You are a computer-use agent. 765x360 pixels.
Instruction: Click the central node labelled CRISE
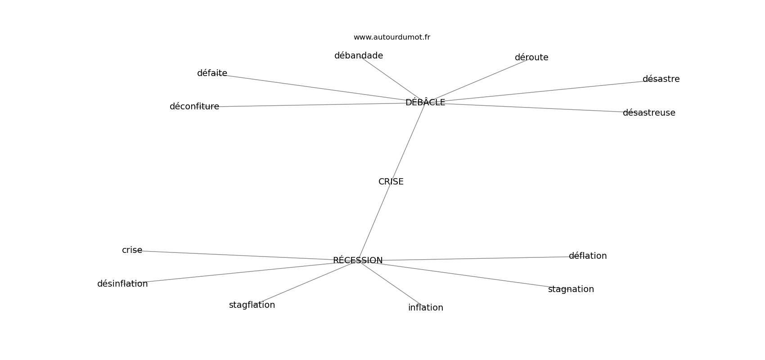tap(391, 182)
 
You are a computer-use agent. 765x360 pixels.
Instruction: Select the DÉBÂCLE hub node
tap(425, 103)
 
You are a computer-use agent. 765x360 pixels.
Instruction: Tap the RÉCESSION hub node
tap(358, 261)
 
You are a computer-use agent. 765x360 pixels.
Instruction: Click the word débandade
tap(358, 56)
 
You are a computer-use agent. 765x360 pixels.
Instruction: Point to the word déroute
tap(531, 58)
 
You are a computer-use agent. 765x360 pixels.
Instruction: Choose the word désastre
tap(661, 79)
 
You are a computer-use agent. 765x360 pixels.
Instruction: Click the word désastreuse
tap(648, 113)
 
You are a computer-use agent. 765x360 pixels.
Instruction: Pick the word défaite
tap(212, 73)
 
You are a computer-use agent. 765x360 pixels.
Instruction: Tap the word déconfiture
tap(194, 107)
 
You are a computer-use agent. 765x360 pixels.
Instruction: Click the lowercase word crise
tap(132, 250)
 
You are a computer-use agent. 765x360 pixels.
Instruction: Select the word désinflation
tap(122, 284)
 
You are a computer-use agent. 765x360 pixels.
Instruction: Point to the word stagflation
tap(252, 305)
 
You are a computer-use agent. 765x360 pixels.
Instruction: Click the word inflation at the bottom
tap(425, 308)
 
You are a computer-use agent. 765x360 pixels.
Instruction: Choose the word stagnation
tap(571, 289)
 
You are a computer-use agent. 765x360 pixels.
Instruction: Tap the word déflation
tap(587, 256)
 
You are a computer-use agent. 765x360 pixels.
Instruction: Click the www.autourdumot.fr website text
tap(391, 37)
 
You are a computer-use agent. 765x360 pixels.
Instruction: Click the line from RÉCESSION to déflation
tap(472, 259)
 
